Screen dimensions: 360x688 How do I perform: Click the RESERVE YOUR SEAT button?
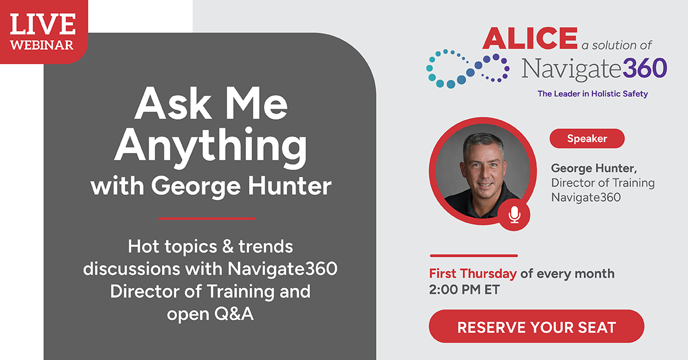point(536,327)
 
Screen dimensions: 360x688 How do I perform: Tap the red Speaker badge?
point(587,138)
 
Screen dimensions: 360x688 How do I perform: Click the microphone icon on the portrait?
point(514,215)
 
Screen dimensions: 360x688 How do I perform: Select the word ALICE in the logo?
point(529,38)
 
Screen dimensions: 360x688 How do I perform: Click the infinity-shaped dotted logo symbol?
point(467,68)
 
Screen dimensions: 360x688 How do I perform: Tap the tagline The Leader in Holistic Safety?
point(592,94)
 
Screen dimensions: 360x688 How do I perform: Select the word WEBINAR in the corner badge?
point(42,45)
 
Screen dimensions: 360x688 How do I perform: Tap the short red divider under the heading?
point(206,218)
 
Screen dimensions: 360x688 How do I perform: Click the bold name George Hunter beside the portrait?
point(593,169)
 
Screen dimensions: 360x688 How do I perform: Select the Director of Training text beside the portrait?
point(603,183)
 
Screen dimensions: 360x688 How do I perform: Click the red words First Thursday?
point(473,273)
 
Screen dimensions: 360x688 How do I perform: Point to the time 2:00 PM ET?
point(464,289)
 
